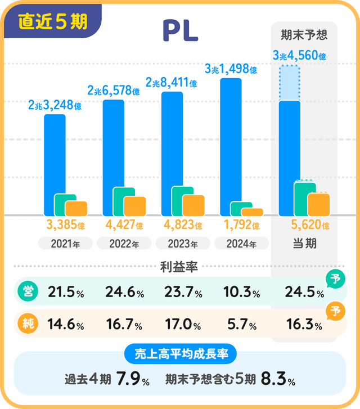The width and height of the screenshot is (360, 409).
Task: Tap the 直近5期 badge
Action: (x=53, y=21)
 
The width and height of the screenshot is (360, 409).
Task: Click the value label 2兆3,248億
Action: (x=55, y=105)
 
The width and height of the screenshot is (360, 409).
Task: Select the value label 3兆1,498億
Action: (x=231, y=70)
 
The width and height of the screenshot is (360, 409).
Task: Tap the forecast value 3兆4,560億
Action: (x=299, y=56)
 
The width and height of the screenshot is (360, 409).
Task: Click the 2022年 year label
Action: (x=123, y=244)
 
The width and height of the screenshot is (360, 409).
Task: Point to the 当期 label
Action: (x=304, y=244)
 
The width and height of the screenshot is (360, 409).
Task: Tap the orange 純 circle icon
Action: (x=26, y=325)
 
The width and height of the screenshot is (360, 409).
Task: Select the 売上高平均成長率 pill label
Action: (x=180, y=354)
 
